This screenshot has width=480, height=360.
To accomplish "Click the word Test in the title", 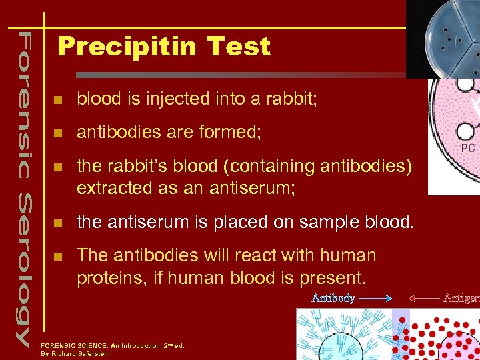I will point(238,47).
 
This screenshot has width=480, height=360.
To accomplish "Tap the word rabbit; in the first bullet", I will point(291,99).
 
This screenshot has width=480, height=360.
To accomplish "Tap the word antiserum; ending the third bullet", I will point(257,188).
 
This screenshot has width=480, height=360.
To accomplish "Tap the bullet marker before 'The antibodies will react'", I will point(59,256).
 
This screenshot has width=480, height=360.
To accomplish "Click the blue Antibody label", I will point(333,298).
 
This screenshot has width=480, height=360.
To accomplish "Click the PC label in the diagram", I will point(468,148).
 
